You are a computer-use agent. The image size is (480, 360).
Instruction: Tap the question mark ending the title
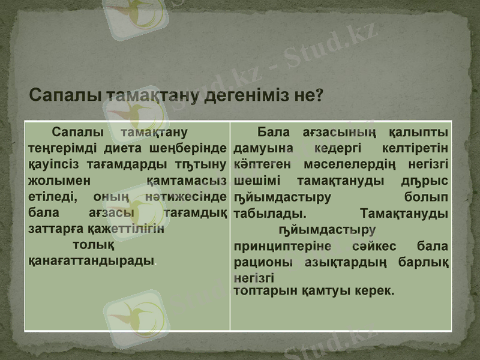[319, 96]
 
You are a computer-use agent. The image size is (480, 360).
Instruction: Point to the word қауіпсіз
[50, 164]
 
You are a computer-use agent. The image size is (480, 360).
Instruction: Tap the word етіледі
[53, 196]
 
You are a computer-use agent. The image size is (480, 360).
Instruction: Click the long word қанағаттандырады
[92, 262]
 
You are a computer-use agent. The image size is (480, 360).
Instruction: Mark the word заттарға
[52, 229]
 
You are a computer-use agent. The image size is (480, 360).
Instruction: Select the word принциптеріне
[289, 246]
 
